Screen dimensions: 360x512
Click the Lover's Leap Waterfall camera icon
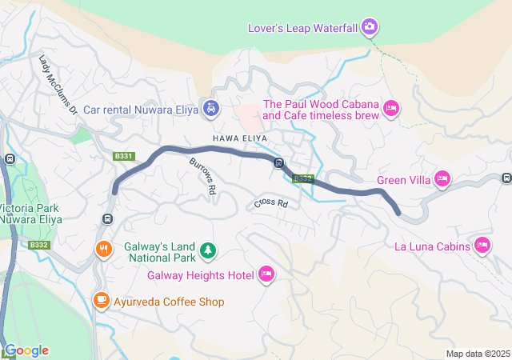[x=369, y=27]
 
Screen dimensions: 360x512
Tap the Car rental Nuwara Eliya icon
[x=210, y=107]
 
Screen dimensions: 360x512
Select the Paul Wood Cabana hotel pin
[x=391, y=107]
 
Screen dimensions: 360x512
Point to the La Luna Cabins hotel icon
[x=482, y=246]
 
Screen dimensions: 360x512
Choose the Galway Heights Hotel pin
[x=266, y=275]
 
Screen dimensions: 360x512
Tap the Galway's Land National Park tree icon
[x=208, y=250]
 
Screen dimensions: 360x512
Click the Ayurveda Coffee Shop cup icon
[x=102, y=301]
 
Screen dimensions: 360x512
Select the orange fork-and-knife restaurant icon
[x=103, y=249]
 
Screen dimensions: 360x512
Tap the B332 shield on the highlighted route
[x=302, y=178]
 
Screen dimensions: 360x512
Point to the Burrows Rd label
[x=203, y=177]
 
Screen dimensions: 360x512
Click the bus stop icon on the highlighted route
[x=278, y=164]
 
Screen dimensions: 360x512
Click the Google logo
[x=26, y=350]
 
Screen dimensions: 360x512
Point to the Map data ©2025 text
[x=477, y=354]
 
